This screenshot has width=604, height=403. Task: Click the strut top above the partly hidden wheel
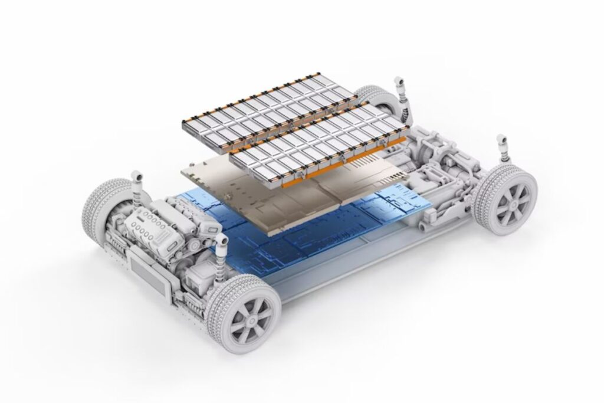point(399,81)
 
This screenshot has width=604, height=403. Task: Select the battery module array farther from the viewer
point(265,112)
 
